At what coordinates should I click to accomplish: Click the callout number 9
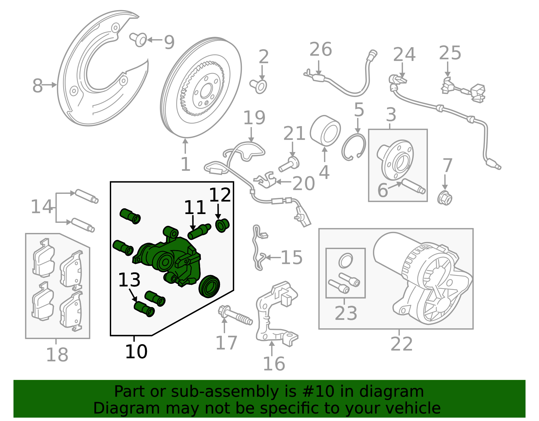[169, 42]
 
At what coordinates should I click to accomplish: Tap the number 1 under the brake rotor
[185, 164]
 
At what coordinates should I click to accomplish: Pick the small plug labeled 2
[259, 86]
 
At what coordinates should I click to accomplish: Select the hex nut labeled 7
[445, 198]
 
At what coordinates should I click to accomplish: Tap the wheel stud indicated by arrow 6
[413, 186]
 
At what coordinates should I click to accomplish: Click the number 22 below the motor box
[402, 344]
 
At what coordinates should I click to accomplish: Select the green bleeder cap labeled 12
[222, 225]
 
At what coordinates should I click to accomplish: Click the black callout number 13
[129, 280]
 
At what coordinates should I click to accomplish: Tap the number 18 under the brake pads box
[57, 355]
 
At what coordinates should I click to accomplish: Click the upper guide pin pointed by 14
[86, 196]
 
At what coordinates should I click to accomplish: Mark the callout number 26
[320, 50]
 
